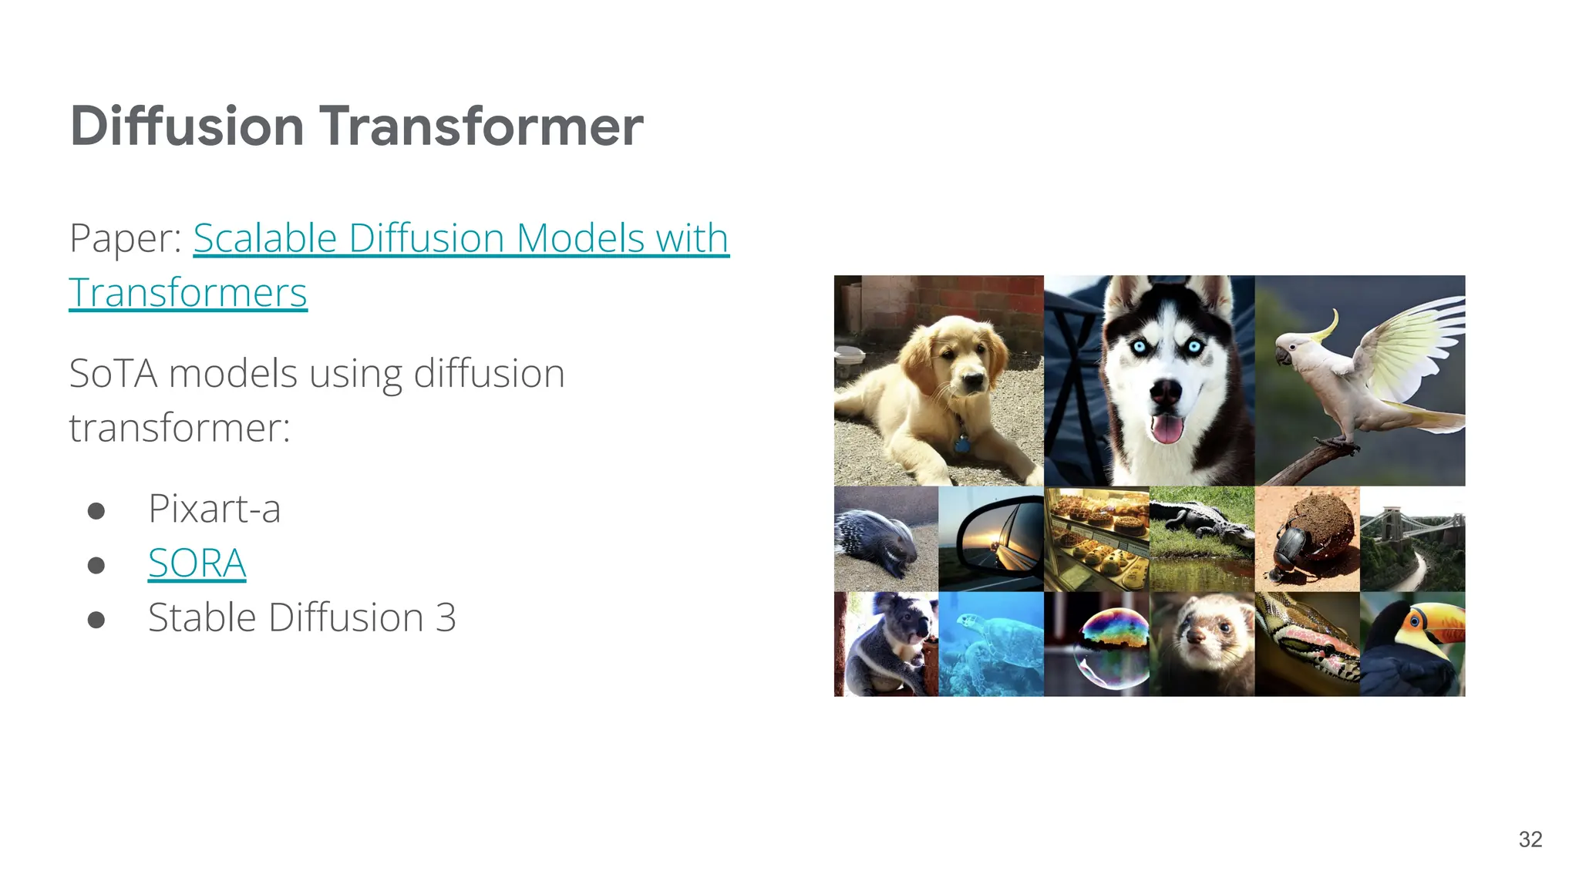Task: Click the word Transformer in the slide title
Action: [481, 126]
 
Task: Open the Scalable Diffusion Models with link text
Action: [460, 238]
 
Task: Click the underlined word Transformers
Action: [188, 293]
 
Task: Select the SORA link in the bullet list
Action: [197, 563]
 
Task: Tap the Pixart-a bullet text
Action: [214, 509]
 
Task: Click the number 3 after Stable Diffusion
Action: [446, 618]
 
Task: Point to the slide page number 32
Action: [1530, 839]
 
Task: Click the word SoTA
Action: [113, 374]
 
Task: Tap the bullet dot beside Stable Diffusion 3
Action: [96, 620]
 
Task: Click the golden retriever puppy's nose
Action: [972, 378]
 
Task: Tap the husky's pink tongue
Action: [1166, 429]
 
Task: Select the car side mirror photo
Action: [991, 538]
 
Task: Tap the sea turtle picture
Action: [991, 644]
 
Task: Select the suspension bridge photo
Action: [1412, 538]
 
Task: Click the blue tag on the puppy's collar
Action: [961, 445]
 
